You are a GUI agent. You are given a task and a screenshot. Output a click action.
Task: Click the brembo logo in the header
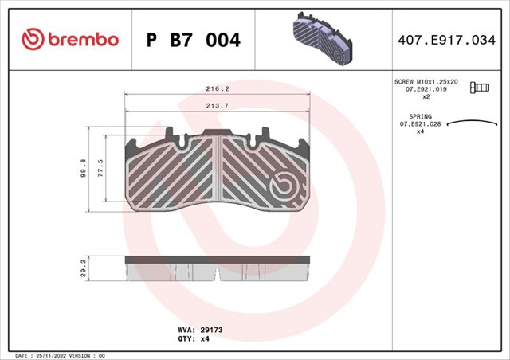(69, 38)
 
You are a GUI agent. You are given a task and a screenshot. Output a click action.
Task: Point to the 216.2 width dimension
(217, 89)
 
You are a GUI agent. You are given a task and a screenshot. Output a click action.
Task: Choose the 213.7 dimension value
(217, 105)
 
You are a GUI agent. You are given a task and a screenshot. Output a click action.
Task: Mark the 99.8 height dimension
(83, 170)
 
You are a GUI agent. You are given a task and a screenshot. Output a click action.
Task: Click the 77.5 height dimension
(101, 170)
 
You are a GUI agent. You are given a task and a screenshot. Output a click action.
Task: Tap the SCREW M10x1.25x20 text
(426, 82)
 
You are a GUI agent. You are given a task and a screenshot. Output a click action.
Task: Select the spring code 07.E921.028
(426, 124)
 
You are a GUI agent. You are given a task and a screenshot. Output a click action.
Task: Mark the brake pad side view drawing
(217, 267)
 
